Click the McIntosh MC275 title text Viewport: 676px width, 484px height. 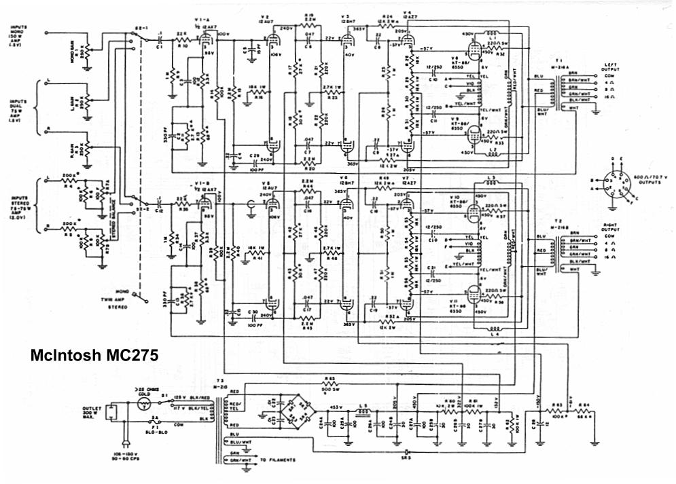[95, 355]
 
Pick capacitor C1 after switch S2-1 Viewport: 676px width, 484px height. [158, 39]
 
